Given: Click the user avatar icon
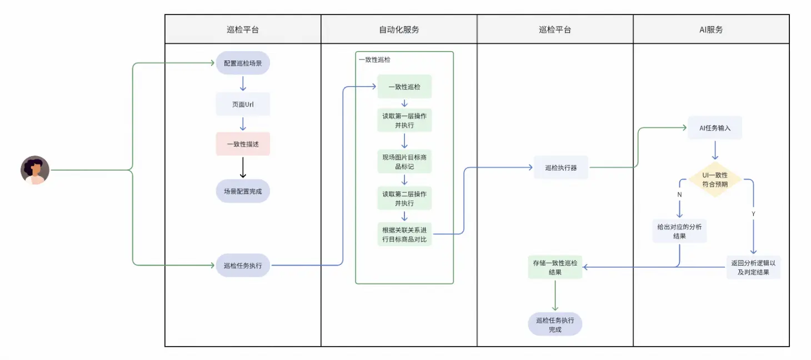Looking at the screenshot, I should [35, 170].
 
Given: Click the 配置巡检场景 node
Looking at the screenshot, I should [243, 63].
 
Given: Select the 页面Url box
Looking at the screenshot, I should [243, 104].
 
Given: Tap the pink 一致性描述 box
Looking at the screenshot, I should [243, 144].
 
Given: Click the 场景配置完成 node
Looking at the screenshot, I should [243, 191].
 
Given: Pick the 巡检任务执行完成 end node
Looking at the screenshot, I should [555, 324].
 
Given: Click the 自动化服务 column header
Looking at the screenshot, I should [399, 29].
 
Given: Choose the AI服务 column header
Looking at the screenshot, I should [711, 29].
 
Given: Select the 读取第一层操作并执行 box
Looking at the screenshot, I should [404, 120].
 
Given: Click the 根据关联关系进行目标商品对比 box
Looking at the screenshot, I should [404, 234].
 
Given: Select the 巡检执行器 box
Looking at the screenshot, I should [560, 167].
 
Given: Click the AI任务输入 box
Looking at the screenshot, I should [714, 128].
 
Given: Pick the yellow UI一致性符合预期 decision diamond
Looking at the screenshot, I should [714, 179].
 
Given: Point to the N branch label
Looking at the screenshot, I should [679, 195].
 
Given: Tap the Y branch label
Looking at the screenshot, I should [753, 213].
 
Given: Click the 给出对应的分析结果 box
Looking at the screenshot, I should [679, 231].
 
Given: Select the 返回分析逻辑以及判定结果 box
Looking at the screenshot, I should [753, 267].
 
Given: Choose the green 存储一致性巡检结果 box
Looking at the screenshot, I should [555, 267].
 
